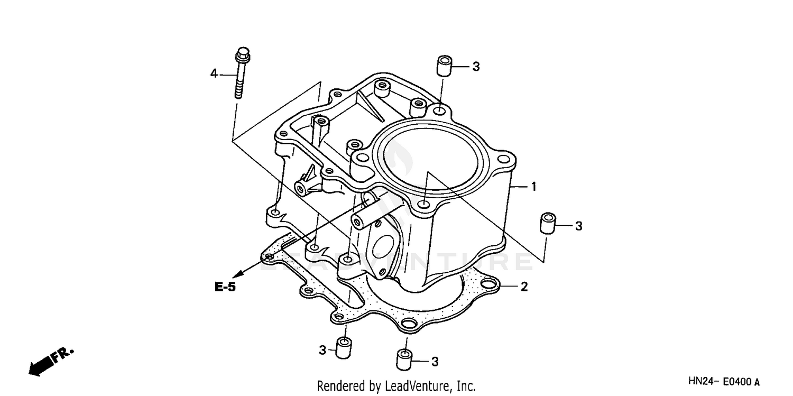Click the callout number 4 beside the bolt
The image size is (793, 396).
214,74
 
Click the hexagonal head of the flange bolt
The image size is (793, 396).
242,54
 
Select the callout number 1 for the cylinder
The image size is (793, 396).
534,186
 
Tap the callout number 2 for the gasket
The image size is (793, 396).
524,287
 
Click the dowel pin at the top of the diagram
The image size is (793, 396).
444,66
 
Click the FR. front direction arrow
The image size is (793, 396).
50,361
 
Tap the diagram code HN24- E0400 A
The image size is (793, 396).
724,381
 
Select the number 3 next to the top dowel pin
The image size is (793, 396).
476,67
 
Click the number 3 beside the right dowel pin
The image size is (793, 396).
578,226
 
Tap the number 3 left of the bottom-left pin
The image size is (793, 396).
322,349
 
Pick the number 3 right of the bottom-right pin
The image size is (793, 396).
435,362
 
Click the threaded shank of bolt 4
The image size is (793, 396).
239,82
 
